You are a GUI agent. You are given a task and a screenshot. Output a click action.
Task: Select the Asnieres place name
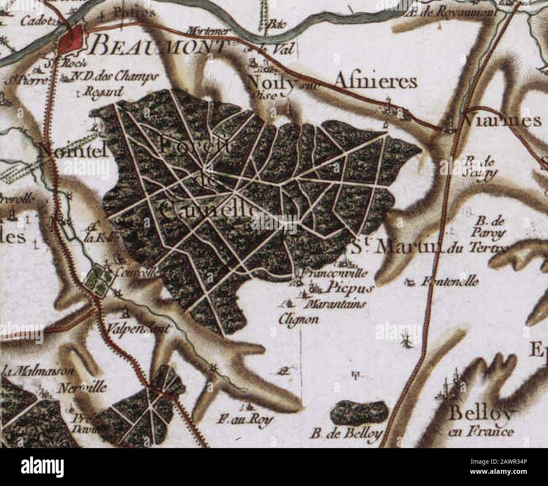tap(375, 82)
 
